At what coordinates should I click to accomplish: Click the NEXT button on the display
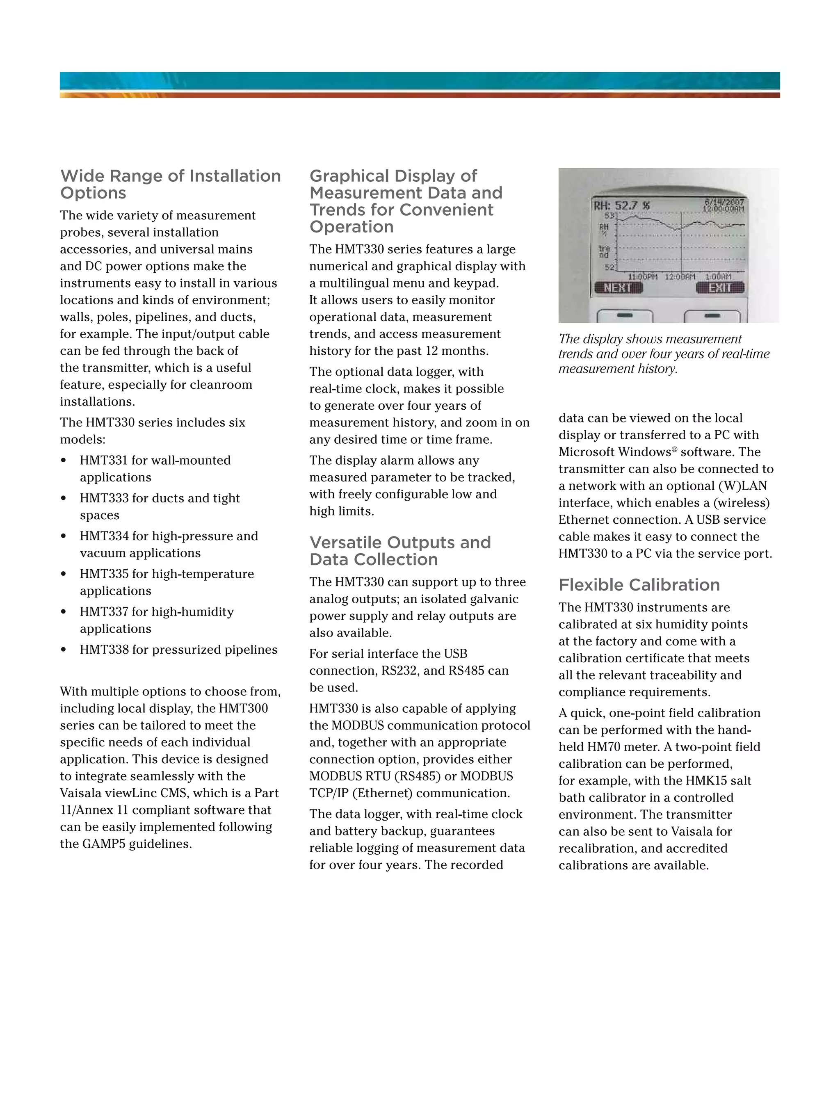coord(618,287)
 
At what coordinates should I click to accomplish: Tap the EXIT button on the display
coord(719,287)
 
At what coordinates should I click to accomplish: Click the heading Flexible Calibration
coord(639,585)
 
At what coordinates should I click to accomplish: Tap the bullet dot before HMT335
coord(63,574)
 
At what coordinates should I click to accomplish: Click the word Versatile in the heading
coord(346,543)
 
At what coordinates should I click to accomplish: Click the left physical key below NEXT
coord(624,316)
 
